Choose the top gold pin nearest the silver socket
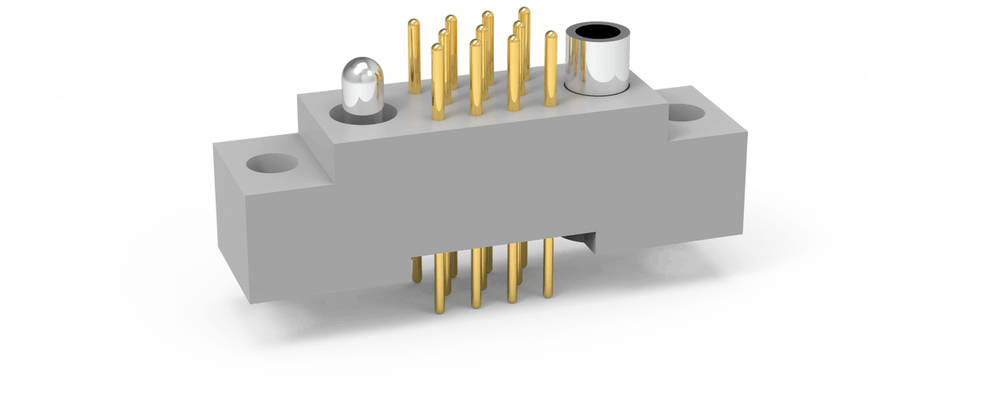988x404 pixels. click(x=550, y=69)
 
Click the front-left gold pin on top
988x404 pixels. click(x=438, y=81)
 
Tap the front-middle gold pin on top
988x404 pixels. click(x=475, y=77)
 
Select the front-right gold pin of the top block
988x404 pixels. click(x=513, y=73)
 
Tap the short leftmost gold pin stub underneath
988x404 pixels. click(x=417, y=269)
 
